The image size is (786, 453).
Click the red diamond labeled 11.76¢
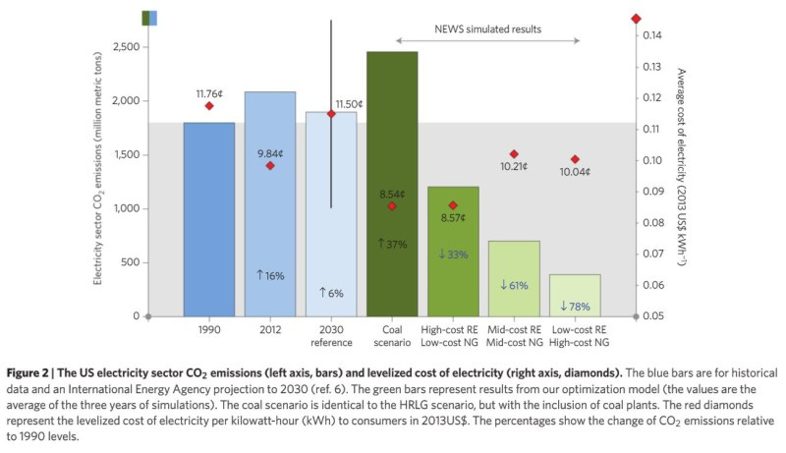tap(209, 106)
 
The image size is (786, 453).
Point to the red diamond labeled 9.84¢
tap(270, 165)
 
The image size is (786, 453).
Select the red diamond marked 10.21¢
tap(514, 154)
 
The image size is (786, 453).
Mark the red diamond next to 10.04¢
tap(575, 159)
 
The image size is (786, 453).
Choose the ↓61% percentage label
tap(514, 285)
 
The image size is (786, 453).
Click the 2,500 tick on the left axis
tap(125, 47)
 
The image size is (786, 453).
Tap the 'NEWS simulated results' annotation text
tap(487, 28)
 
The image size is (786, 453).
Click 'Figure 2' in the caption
tap(34, 373)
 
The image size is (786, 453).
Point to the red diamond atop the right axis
tap(636, 19)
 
